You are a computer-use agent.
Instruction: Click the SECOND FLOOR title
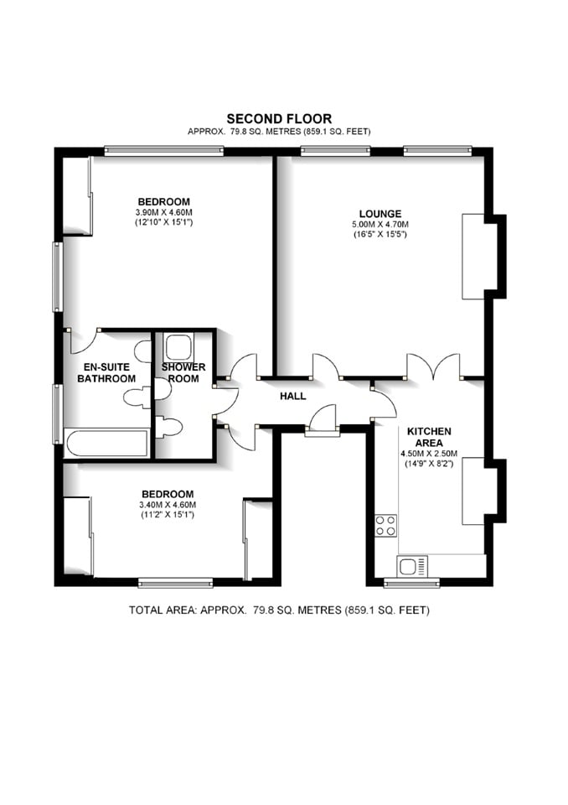pyautogui.click(x=279, y=119)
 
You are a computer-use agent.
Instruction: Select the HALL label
pyautogui.click(x=293, y=396)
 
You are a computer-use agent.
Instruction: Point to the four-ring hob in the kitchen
pyautogui.click(x=385, y=526)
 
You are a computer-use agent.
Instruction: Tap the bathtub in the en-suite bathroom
pyautogui.click(x=107, y=444)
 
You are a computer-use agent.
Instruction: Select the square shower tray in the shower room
pyautogui.click(x=178, y=346)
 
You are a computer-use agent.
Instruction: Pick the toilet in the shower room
pyautogui.click(x=168, y=428)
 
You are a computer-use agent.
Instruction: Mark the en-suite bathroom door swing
pyautogui.click(x=84, y=340)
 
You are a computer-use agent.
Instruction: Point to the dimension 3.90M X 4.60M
pyautogui.click(x=163, y=213)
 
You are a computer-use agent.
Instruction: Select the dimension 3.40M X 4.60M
pyautogui.click(x=168, y=505)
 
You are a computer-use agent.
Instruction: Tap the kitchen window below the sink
pyautogui.click(x=411, y=582)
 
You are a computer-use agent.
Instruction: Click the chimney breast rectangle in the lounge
pyautogui.click(x=475, y=256)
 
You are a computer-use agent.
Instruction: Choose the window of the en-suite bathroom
pyautogui.click(x=57, y=413)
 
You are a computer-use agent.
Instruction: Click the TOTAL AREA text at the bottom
pyautogui.click(x=278, y=610)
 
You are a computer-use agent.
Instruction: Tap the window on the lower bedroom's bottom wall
pyautogui.click(x=175, y=582)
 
